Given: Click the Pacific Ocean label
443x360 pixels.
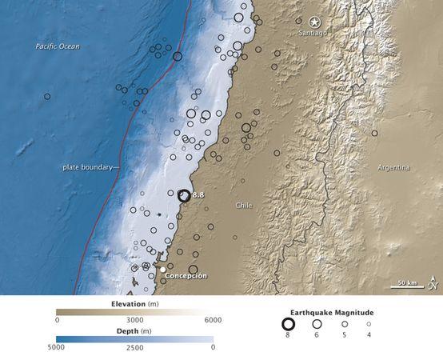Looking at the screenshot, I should tap(58, 47).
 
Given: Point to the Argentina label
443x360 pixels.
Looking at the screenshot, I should tap(393, 167).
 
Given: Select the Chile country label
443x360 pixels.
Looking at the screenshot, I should tap(244, 206).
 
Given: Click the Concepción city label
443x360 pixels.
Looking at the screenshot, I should tap(186, 276).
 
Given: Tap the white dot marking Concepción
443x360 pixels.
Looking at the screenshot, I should tap(162, 270).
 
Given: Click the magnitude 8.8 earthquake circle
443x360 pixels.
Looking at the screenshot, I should tap(184, 195).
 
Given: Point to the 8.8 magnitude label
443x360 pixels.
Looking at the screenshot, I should tap(200, 194).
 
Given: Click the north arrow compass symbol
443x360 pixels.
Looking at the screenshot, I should tap(433, 281).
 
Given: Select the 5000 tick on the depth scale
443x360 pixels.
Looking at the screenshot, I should tap(57, 346).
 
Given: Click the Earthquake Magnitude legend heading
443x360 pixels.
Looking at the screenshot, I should tap(330, 311).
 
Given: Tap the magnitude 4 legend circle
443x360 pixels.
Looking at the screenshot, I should tap(369, 324).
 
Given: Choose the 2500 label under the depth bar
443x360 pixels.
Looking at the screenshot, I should tap(134, 346).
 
